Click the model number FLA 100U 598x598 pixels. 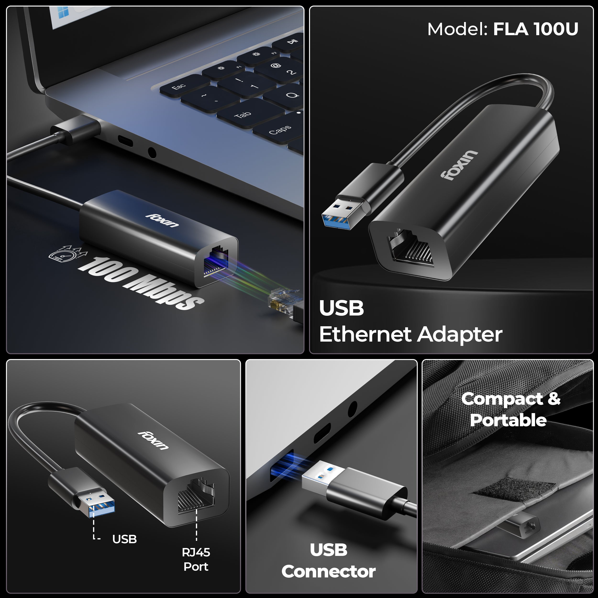click(x=536, y=29)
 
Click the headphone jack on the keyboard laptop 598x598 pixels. click(x=152, y=153)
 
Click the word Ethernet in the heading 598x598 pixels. click(x=365, y=335)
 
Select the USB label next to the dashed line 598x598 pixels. click(x=124, y=539)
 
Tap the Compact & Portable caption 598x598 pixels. click(x=510, y=409)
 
